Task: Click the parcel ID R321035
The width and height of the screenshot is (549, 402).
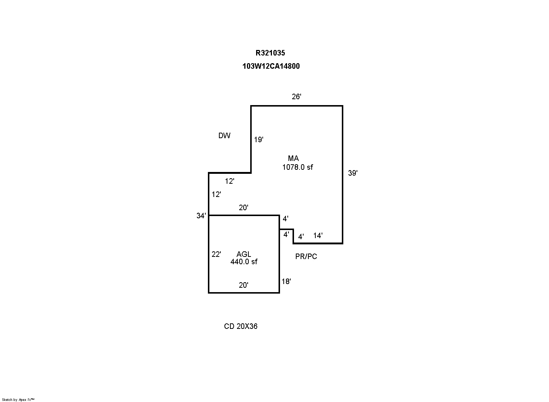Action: pyautogui.click(x=270, y=53)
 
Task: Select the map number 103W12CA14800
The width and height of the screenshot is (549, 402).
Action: pyautogui.click(x=271, y=66)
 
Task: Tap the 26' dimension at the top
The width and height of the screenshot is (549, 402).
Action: pyautogui.click(x=296, y=97)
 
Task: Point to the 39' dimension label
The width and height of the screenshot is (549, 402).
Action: pyautogui.click(x=353, y=173)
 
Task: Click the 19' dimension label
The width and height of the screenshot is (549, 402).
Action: pyautogui.click(x=259, y=140)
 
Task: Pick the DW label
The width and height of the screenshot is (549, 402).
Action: pyautogui.click(x=224, y=136)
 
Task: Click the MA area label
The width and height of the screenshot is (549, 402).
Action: pyautogui.click(x=293, y=158)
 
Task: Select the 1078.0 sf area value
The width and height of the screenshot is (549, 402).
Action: pyautogui.click(x=298, y=167)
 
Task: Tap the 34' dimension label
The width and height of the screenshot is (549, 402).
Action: pyautogui.click(x=201, y=216)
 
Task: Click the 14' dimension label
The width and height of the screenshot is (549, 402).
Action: pyautogui.click(x=318, y=236)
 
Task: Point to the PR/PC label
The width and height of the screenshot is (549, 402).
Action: pyautogui.click(x=306, y=256)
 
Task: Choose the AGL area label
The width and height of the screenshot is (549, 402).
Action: pyautogui.click(x=244, y=254)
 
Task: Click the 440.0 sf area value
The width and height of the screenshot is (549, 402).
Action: pyautogui.click(x=244, y=262)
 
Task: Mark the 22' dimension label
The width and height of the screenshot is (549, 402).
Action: pyautogui.click(x=216, y=254)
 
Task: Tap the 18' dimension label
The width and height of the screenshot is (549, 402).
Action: pyautogui.click(x=286, y=281)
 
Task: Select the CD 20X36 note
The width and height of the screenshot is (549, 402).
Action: pyautogui.click(x=241, y=326)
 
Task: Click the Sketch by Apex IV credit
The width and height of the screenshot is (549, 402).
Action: pyautogui.click(x=18, y=400)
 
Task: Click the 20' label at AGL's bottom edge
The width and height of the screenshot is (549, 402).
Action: pyautogui.click(x=243, y=285)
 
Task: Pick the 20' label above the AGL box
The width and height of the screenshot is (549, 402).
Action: pyautogui.click(x=243, y=208)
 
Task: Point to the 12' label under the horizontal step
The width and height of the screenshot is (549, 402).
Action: pyautogui.click(x=230, y=181)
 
